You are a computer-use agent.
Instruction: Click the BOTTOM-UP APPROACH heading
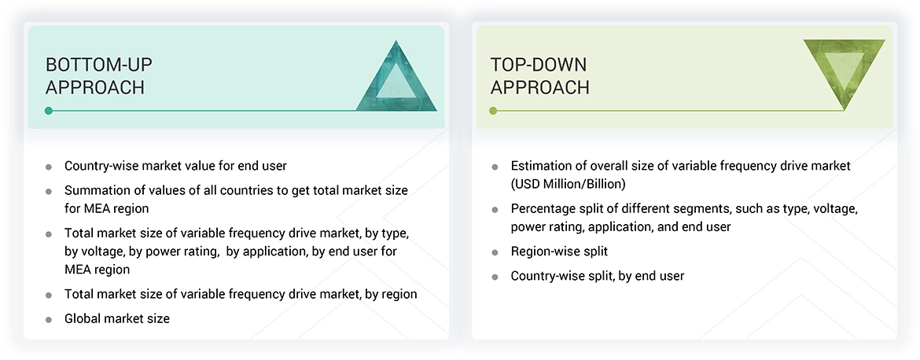(x=94, y=75)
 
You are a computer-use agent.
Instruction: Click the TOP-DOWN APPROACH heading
(x=539, y=75)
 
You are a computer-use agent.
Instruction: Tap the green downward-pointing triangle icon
(x=844, y=70)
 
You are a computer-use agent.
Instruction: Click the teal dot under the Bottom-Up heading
(x=49, y=111)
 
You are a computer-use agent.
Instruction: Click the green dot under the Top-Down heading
(x=493, y=111)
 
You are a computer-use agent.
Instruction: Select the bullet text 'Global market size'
(x=116, y=318)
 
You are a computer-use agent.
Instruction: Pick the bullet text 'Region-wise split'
(x=559, y=252)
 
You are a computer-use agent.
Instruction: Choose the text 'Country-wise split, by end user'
(x=597, y=276)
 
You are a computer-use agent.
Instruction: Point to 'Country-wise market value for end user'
(x=175, y=166)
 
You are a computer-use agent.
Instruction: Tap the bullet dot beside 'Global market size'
(x=49, y=319)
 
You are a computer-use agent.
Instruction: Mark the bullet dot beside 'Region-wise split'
(x=495, y=252)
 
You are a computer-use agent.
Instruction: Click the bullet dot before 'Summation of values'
(x=49, y=191)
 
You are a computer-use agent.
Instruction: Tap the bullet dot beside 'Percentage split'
(x=495, y=210)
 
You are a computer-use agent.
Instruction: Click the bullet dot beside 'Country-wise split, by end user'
(x=495, y=277)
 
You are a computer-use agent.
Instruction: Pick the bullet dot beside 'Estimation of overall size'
(x=495, y=167)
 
